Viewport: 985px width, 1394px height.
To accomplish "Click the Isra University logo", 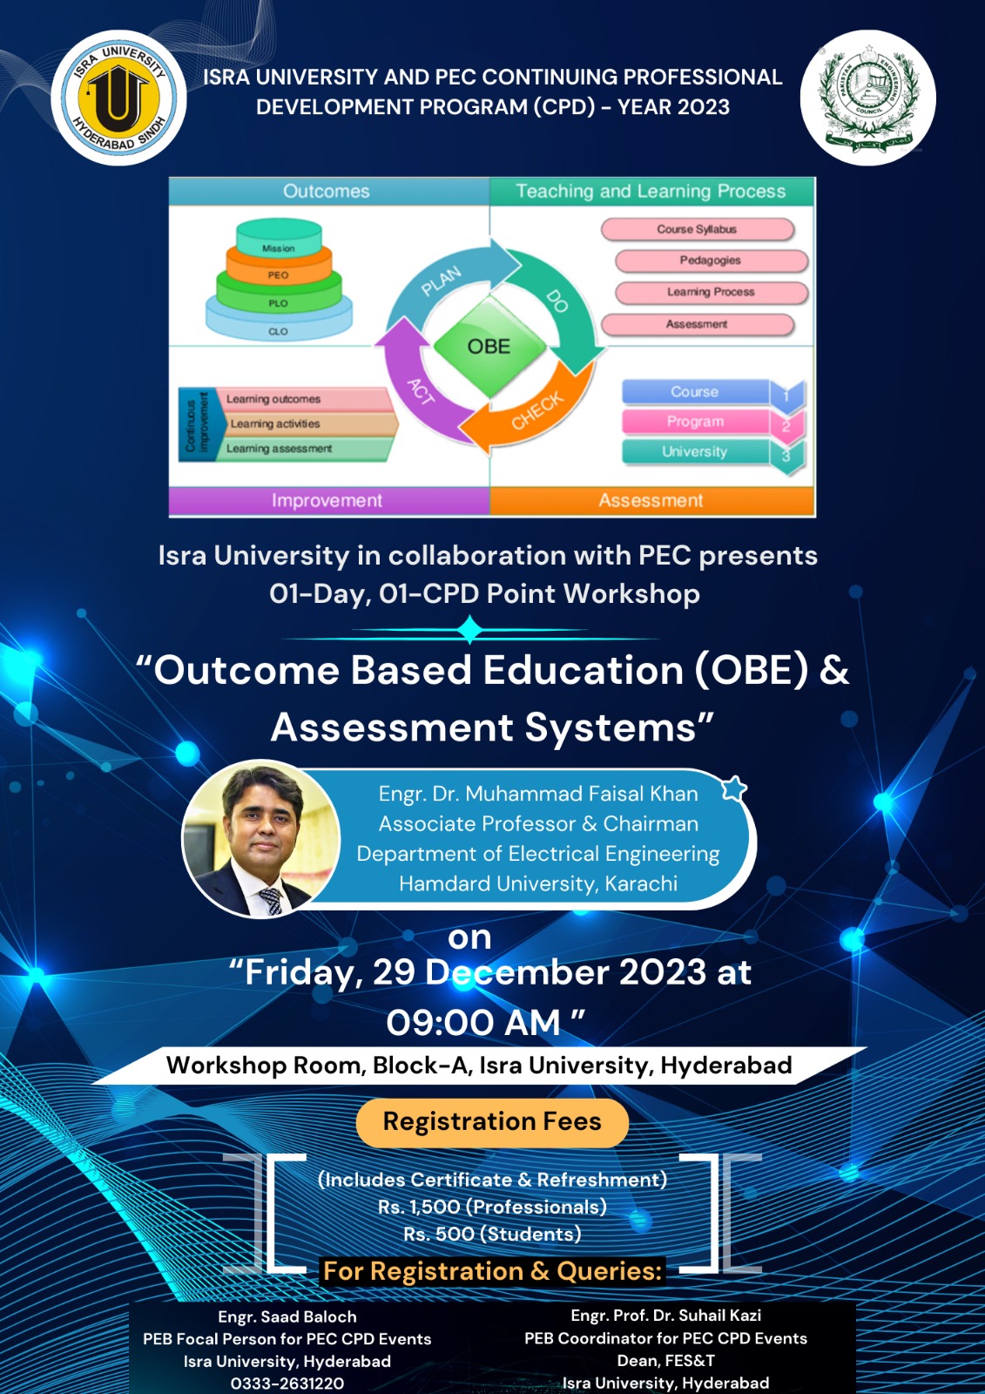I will coord(118,98).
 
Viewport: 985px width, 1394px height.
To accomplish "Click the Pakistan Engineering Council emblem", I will coord(867,98).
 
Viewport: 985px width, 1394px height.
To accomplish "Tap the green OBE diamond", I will coord(489,347).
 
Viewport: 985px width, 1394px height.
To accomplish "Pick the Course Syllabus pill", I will coord(697,229).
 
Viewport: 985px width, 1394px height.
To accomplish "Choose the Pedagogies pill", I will coord(711,261).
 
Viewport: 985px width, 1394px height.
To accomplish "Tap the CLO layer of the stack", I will coord(279,329).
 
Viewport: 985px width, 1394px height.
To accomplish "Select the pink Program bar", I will coord(696,422).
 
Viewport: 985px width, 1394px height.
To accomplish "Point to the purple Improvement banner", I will coord(328,501).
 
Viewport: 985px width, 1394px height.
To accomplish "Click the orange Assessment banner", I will coord(651,501).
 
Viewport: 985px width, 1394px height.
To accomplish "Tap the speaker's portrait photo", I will coord(260,838).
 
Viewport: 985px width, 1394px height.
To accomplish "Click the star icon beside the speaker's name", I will coord(734,788).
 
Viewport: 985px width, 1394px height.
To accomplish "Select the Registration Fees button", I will coord(492,1121).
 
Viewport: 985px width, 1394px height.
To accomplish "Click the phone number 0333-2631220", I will coord(287,1383).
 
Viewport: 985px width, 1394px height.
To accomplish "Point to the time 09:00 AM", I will coord(474,1022).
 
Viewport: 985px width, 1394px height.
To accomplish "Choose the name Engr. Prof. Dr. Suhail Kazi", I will coord(665,1316).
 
